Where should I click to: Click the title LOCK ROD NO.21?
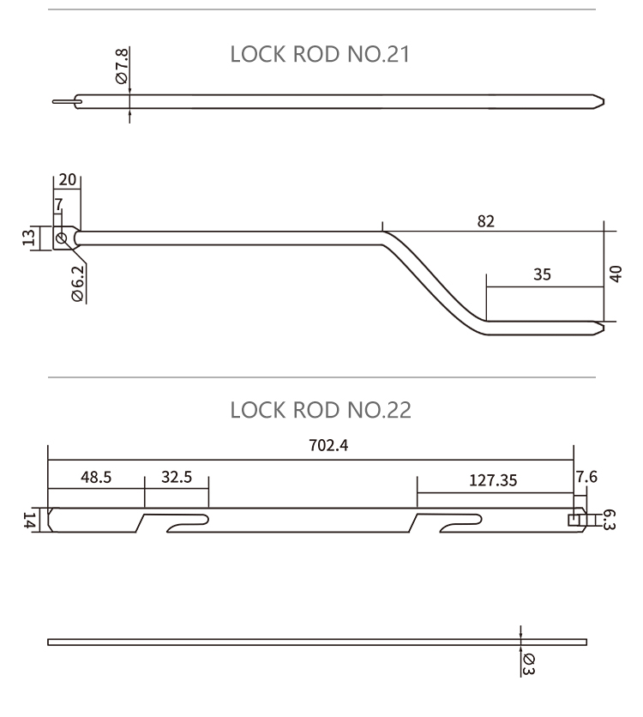(321, 56)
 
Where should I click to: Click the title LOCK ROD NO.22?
(321, 410)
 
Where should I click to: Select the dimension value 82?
(485, 220)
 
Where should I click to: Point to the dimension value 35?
(541, 274)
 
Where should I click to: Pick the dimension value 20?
(68, 179)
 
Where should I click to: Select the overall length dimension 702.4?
(310, 446)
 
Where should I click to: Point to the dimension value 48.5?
(96, 478)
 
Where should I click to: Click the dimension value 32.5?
(176, 478)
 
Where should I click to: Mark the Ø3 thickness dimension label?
(529, 663)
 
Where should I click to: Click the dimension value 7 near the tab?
(58, 205)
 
